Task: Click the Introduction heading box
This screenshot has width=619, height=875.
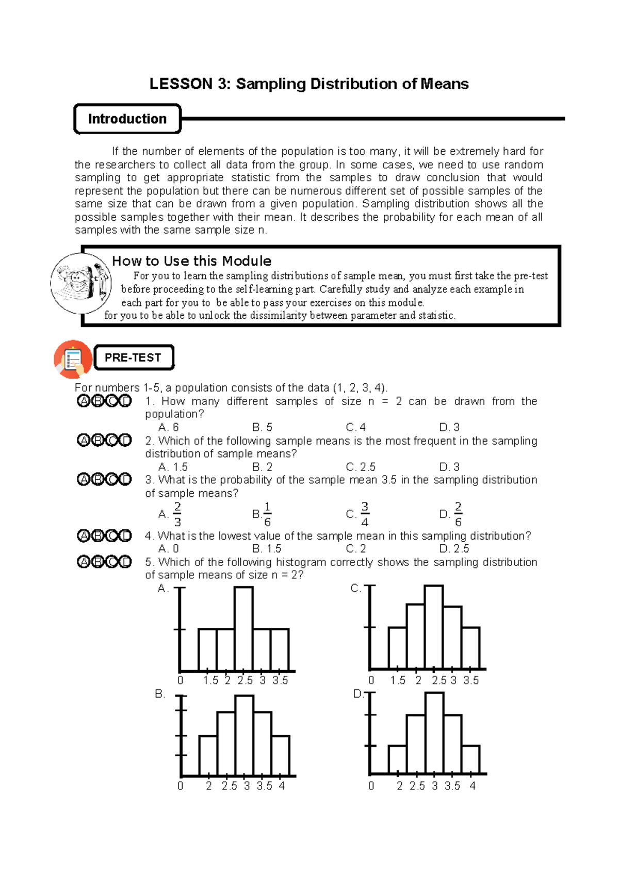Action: pos(127,119)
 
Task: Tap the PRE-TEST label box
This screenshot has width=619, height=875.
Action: pos(133,358)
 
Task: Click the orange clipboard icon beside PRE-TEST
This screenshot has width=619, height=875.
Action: pos(73,359)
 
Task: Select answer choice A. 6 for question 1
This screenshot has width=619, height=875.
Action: pos(169,427)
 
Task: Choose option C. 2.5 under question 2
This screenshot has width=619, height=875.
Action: pos(361,467)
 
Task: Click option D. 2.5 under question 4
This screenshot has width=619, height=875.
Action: pos(454,548)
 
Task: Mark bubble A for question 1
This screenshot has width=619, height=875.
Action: pos(83,401)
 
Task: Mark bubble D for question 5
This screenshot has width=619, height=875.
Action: pos(125,561)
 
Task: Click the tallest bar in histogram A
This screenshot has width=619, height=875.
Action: pos(243,628)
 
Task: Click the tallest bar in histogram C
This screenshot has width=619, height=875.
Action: pos(434,627)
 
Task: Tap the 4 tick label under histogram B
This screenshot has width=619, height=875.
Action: pos(282,786)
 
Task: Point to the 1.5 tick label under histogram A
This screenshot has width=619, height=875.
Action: pos(210,680)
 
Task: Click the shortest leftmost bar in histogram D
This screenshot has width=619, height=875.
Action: pos(397,759)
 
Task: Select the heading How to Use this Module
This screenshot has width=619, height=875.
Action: pos(191,261)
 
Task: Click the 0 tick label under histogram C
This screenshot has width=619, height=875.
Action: pos(371,680)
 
